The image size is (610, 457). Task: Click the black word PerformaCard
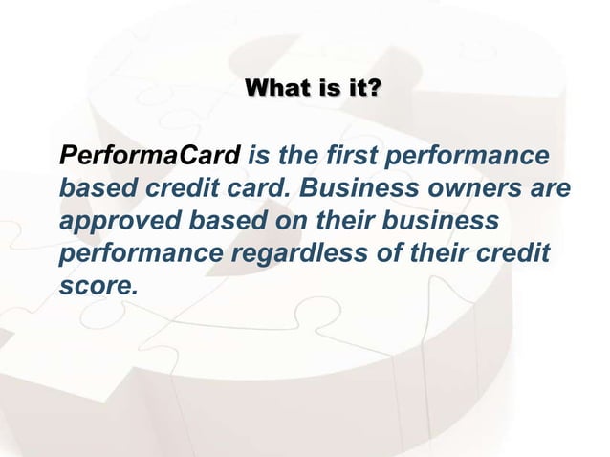[x=150, y=155]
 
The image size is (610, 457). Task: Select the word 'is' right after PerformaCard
[x=257, y=155]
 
